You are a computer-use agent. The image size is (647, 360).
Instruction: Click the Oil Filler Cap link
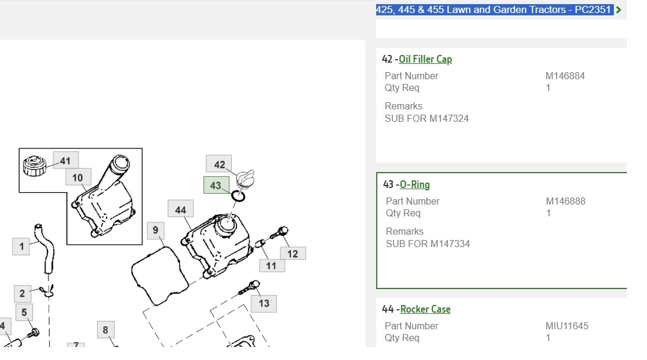tap(425, 59)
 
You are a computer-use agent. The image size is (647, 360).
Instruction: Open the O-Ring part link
tap(415, 185)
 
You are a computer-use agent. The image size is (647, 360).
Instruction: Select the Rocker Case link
tap(425, 309)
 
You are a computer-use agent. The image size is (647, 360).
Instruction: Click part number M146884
tap(565, 76)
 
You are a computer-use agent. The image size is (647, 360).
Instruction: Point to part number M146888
tap(565, 201)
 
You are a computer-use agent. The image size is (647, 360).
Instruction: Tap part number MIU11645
tap(567, 326)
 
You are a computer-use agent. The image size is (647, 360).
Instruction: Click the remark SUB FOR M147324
tap(426, 119)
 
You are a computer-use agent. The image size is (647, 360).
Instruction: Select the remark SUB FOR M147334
tap(428, 244)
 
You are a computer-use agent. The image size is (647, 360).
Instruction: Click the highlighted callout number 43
tap(216, 185)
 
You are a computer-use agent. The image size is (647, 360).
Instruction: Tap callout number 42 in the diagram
tap(219, 164)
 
